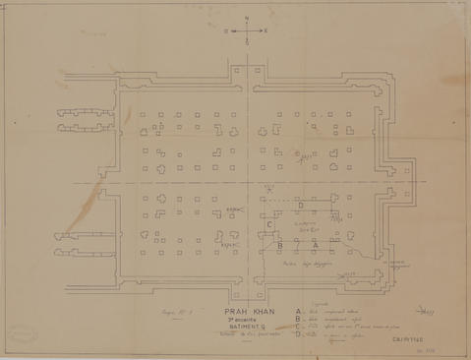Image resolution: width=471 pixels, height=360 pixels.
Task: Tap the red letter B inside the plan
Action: (x=279, y=245)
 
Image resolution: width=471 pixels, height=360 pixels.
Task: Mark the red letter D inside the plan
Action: (x=300, y=204)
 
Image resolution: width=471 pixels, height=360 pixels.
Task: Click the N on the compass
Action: (x=246, y=19)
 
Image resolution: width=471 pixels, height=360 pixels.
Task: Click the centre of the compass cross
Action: (x=246, y=30)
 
